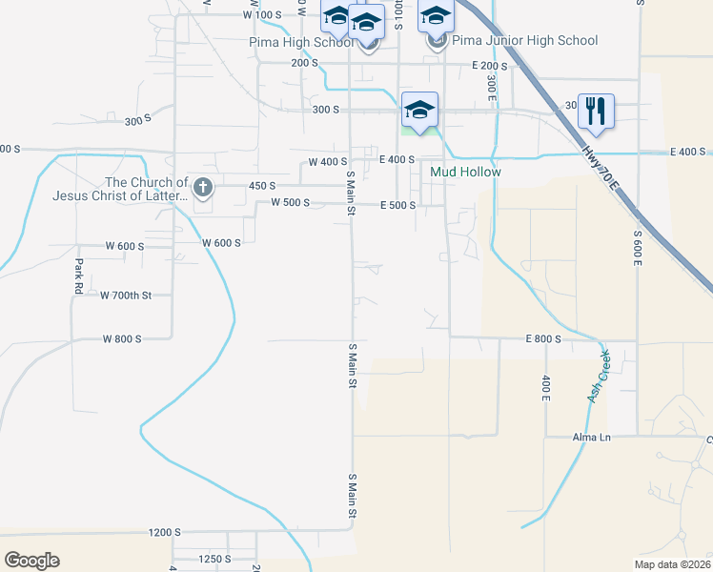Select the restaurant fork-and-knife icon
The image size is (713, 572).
596,110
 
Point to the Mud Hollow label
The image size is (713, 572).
465,172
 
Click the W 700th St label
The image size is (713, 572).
126,296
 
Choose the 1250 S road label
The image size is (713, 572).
214,559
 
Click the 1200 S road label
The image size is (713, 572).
164,532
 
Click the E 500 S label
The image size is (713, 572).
397,205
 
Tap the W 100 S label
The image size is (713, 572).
263,14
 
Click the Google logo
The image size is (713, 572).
31,560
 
